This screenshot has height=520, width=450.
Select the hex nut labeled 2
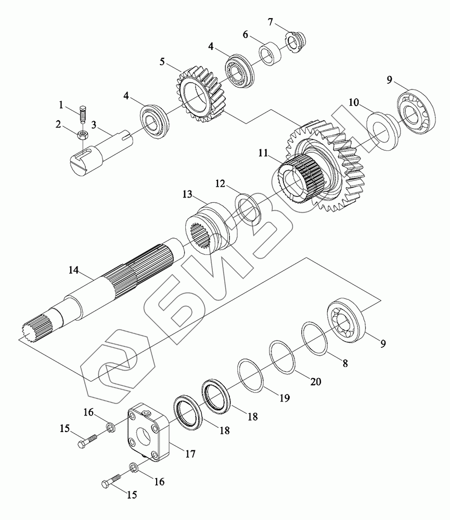(82, 135)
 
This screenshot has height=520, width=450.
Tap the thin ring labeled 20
(283, 356)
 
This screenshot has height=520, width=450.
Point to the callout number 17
(190, 454)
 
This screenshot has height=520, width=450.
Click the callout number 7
(270, 22)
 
